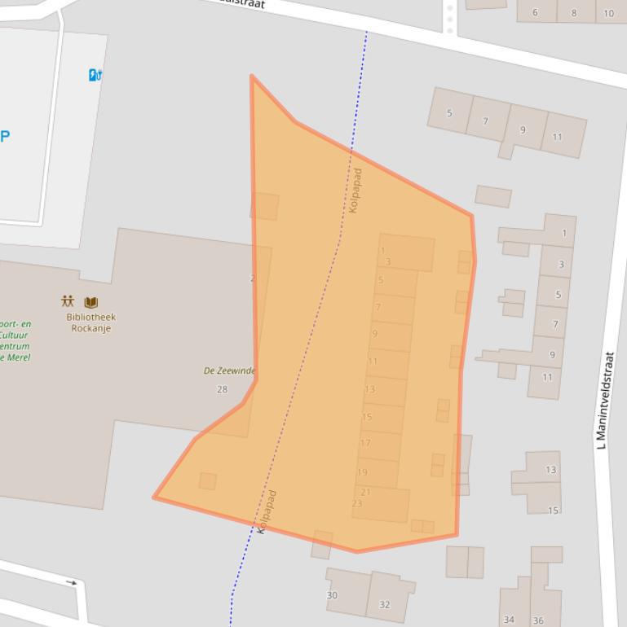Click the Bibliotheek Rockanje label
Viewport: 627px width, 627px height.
[91, 323]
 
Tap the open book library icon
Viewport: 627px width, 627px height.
[91, 302]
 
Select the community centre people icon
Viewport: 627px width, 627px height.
[68, 301]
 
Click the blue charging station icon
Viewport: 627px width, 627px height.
[95, 75]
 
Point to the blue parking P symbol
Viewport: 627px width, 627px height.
[5, 136]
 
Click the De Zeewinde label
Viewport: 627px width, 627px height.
[229, 370]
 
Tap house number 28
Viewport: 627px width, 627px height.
[222, 389]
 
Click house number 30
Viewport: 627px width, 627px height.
[332, 595]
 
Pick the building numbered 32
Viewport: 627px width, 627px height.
[385, 604]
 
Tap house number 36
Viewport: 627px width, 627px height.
[538, 620]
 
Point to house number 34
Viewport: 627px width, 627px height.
[509, 620]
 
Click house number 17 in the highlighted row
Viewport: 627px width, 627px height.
[365, 443]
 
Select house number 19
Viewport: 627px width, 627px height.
[362, 471]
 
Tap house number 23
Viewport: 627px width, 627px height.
[357, 503]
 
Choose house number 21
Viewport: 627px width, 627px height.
[365, 492]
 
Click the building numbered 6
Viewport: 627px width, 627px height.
[535, 12]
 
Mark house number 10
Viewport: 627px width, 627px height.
[609, 13]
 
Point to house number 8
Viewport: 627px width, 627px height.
[573, 13]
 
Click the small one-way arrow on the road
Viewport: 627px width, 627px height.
[72, 582]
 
